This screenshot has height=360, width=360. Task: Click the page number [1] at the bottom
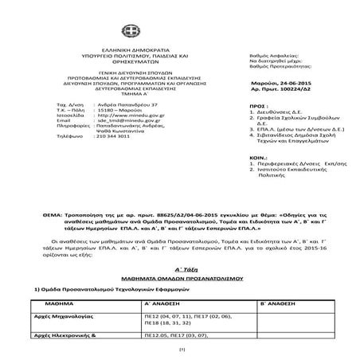click(x=180, y=350)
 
